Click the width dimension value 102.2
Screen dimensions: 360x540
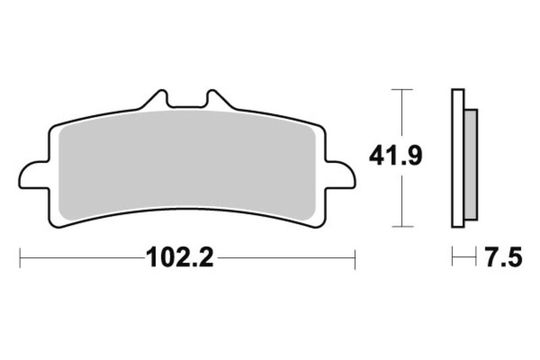(x=180, y=257)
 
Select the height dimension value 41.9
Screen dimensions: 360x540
(x=396, y=157)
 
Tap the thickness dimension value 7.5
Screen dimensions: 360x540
(x=503, y=257)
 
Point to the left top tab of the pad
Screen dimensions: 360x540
(x=156, y=100)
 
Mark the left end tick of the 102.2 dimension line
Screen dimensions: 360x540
(x=21, y=257)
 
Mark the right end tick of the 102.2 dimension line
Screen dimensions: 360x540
(x=355, y=257)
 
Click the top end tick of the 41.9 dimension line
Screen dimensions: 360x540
(x=402, y=89)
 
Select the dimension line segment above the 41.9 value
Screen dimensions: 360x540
(x=402, y=115)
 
